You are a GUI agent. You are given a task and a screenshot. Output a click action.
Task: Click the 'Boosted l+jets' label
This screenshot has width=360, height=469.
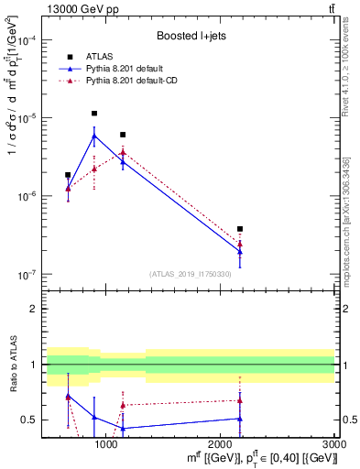click(x=191, y=37)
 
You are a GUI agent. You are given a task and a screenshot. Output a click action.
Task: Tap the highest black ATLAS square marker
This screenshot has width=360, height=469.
click(x=94, y=114)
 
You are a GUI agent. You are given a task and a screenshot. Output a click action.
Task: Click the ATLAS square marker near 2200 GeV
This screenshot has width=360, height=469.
click(x=240, y=229)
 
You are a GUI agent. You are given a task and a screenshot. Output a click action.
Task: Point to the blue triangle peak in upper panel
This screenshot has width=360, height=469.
click(x=94, y=136)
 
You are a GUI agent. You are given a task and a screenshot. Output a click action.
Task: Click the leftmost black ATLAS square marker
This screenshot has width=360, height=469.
click(x=68, y=175)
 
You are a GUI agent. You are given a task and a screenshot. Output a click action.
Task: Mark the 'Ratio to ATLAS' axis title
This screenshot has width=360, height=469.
click(x=11, y=365)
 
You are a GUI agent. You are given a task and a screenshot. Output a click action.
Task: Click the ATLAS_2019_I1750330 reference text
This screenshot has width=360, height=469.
click(x=191, y=274)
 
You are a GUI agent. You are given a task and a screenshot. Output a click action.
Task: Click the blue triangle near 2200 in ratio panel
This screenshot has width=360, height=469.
click(x=240, y=419)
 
